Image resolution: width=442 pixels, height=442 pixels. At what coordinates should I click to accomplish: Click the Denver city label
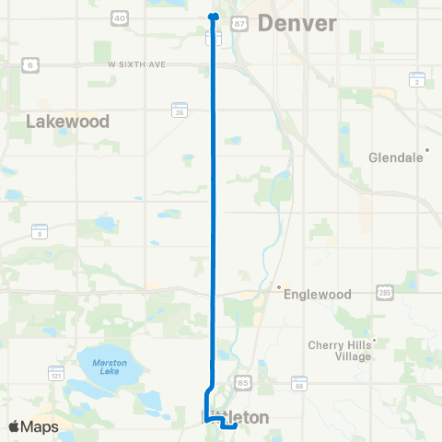(297, 23)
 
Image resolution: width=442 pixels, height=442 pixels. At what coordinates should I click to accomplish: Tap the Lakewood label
(68, 121)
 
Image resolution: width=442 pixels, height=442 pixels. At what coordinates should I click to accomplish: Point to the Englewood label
(319, 294)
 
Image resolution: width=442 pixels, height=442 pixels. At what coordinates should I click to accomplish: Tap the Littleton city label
(235, 417)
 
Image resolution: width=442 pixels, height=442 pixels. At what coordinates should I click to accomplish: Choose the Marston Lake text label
(110, 367)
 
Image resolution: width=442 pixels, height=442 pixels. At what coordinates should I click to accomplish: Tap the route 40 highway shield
(120, 17)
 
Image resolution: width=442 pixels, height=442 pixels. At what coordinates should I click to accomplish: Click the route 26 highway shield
(179, 109)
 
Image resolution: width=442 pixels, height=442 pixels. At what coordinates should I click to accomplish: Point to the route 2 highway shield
(417, 80)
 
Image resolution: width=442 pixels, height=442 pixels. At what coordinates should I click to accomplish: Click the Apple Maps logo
(33, 426)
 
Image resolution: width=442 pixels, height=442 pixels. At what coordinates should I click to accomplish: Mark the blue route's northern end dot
(213, 16)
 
